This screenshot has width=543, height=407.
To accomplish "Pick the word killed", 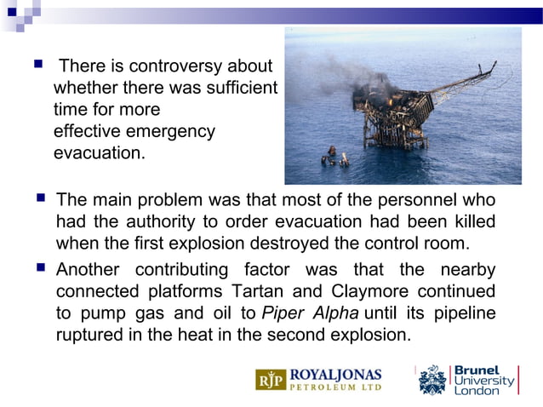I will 472,222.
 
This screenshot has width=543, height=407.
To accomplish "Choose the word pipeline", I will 464,312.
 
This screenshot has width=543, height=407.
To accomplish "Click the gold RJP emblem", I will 271,380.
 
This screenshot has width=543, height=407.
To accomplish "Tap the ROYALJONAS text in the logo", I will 336,374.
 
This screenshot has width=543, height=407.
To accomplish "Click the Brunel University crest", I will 433,379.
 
